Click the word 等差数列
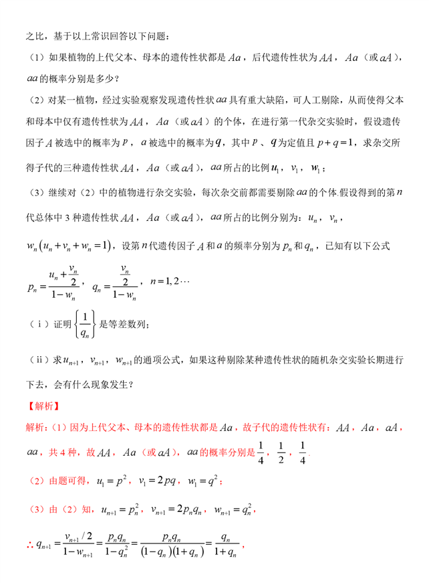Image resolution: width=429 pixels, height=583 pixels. click(x=127, y=324)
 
